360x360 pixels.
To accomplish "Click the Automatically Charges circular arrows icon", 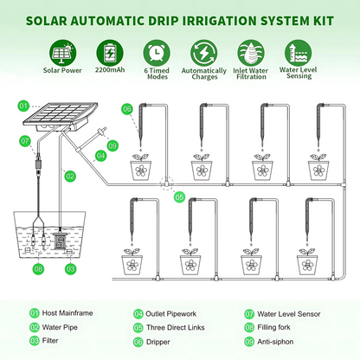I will pos(203,51).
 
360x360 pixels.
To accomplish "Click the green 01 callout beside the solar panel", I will pos(24,106).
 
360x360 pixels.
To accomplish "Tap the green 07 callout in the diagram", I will pos(25,141).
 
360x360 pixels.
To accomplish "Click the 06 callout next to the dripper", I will pos(126,108).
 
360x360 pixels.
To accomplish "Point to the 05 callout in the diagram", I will pos(179,197).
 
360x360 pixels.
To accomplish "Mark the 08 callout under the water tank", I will pos(38,269).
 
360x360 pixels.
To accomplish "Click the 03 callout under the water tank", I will pos(71,269).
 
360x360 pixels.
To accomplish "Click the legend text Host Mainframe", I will pos(64,313).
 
